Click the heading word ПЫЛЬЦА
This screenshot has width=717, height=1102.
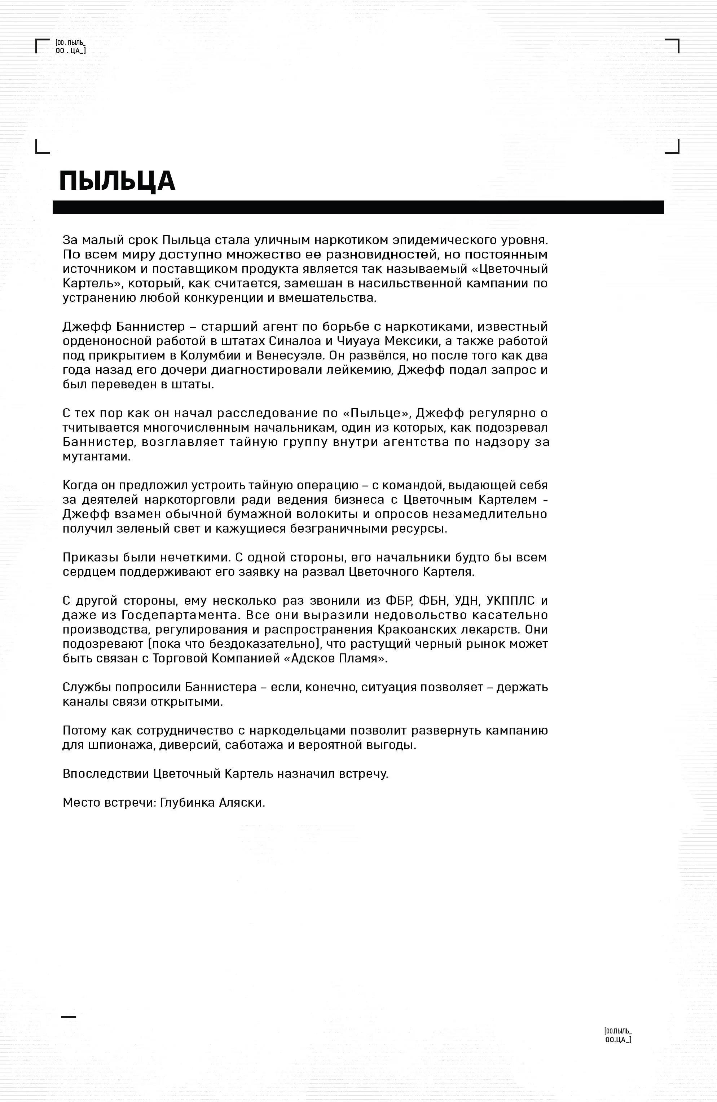tap(117, 181)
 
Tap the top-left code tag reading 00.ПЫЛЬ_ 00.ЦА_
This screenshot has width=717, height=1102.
tap(70, 47)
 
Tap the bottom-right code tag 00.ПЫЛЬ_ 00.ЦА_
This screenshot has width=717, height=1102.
tap(618, 1035)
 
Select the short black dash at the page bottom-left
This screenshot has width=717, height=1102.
tap(68, 1016)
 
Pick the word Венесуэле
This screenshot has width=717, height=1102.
tap(286, 355)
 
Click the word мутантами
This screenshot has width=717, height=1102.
tap(97, 456)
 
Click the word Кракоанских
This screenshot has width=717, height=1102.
tap(419, 629)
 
